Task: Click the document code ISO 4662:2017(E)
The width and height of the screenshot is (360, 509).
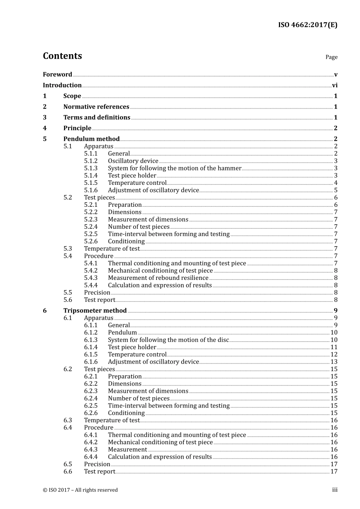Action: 307,25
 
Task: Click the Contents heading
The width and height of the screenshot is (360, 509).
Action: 62,56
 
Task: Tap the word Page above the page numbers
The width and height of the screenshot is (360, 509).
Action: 331,57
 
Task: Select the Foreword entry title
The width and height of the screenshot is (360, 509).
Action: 57,74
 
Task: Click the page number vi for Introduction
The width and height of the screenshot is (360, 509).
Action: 335,85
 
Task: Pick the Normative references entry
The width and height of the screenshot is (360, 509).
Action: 96,107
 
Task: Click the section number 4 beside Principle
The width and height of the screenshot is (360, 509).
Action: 45,128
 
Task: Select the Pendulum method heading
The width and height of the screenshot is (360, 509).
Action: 91,139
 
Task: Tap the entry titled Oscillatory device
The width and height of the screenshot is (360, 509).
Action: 133,161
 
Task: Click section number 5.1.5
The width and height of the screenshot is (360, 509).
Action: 91,183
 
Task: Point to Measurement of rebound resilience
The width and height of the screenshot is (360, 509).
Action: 158,278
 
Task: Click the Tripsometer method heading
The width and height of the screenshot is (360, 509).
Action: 95,311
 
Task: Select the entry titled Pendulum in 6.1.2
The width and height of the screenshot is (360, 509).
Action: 122,333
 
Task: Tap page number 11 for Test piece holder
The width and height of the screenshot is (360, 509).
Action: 334,347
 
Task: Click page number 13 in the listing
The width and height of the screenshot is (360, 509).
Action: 334,362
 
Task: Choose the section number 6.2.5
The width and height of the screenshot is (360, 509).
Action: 91,406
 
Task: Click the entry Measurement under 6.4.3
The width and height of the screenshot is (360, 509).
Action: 127,450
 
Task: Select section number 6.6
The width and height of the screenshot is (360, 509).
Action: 67,472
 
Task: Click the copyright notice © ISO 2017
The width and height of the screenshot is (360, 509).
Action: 80,490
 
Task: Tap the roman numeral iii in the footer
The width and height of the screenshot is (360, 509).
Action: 335,490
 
